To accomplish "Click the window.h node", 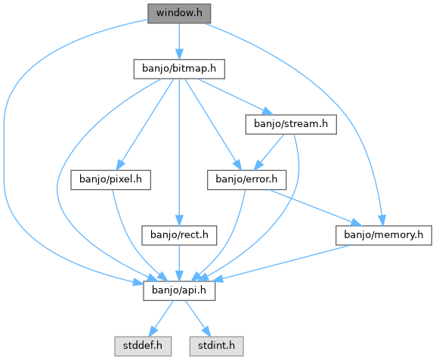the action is click(179, 14).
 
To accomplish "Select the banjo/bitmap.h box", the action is click(179, 69).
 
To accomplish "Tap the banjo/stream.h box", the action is click(291, 124).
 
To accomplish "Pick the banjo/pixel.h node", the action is click(110, 180).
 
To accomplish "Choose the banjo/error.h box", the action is click(246, 180).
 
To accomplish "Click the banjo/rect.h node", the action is click(179, 235).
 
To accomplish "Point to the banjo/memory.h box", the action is click(384, 235).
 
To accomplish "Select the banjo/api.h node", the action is click(179, 290).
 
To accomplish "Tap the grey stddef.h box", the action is click(143, 346).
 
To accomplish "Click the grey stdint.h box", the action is click(216, 346).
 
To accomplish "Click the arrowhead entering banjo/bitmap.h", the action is click(179, 54).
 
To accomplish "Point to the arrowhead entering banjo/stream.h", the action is click(268, 111).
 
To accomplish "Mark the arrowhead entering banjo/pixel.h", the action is click(120, 166).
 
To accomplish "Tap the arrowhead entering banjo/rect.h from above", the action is click(179, 221).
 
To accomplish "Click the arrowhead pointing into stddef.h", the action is click(153, 332).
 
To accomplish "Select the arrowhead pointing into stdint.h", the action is click(206, 332).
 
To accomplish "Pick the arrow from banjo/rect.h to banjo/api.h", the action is click(179, 263).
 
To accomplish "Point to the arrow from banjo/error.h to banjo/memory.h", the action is click(315, 208).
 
